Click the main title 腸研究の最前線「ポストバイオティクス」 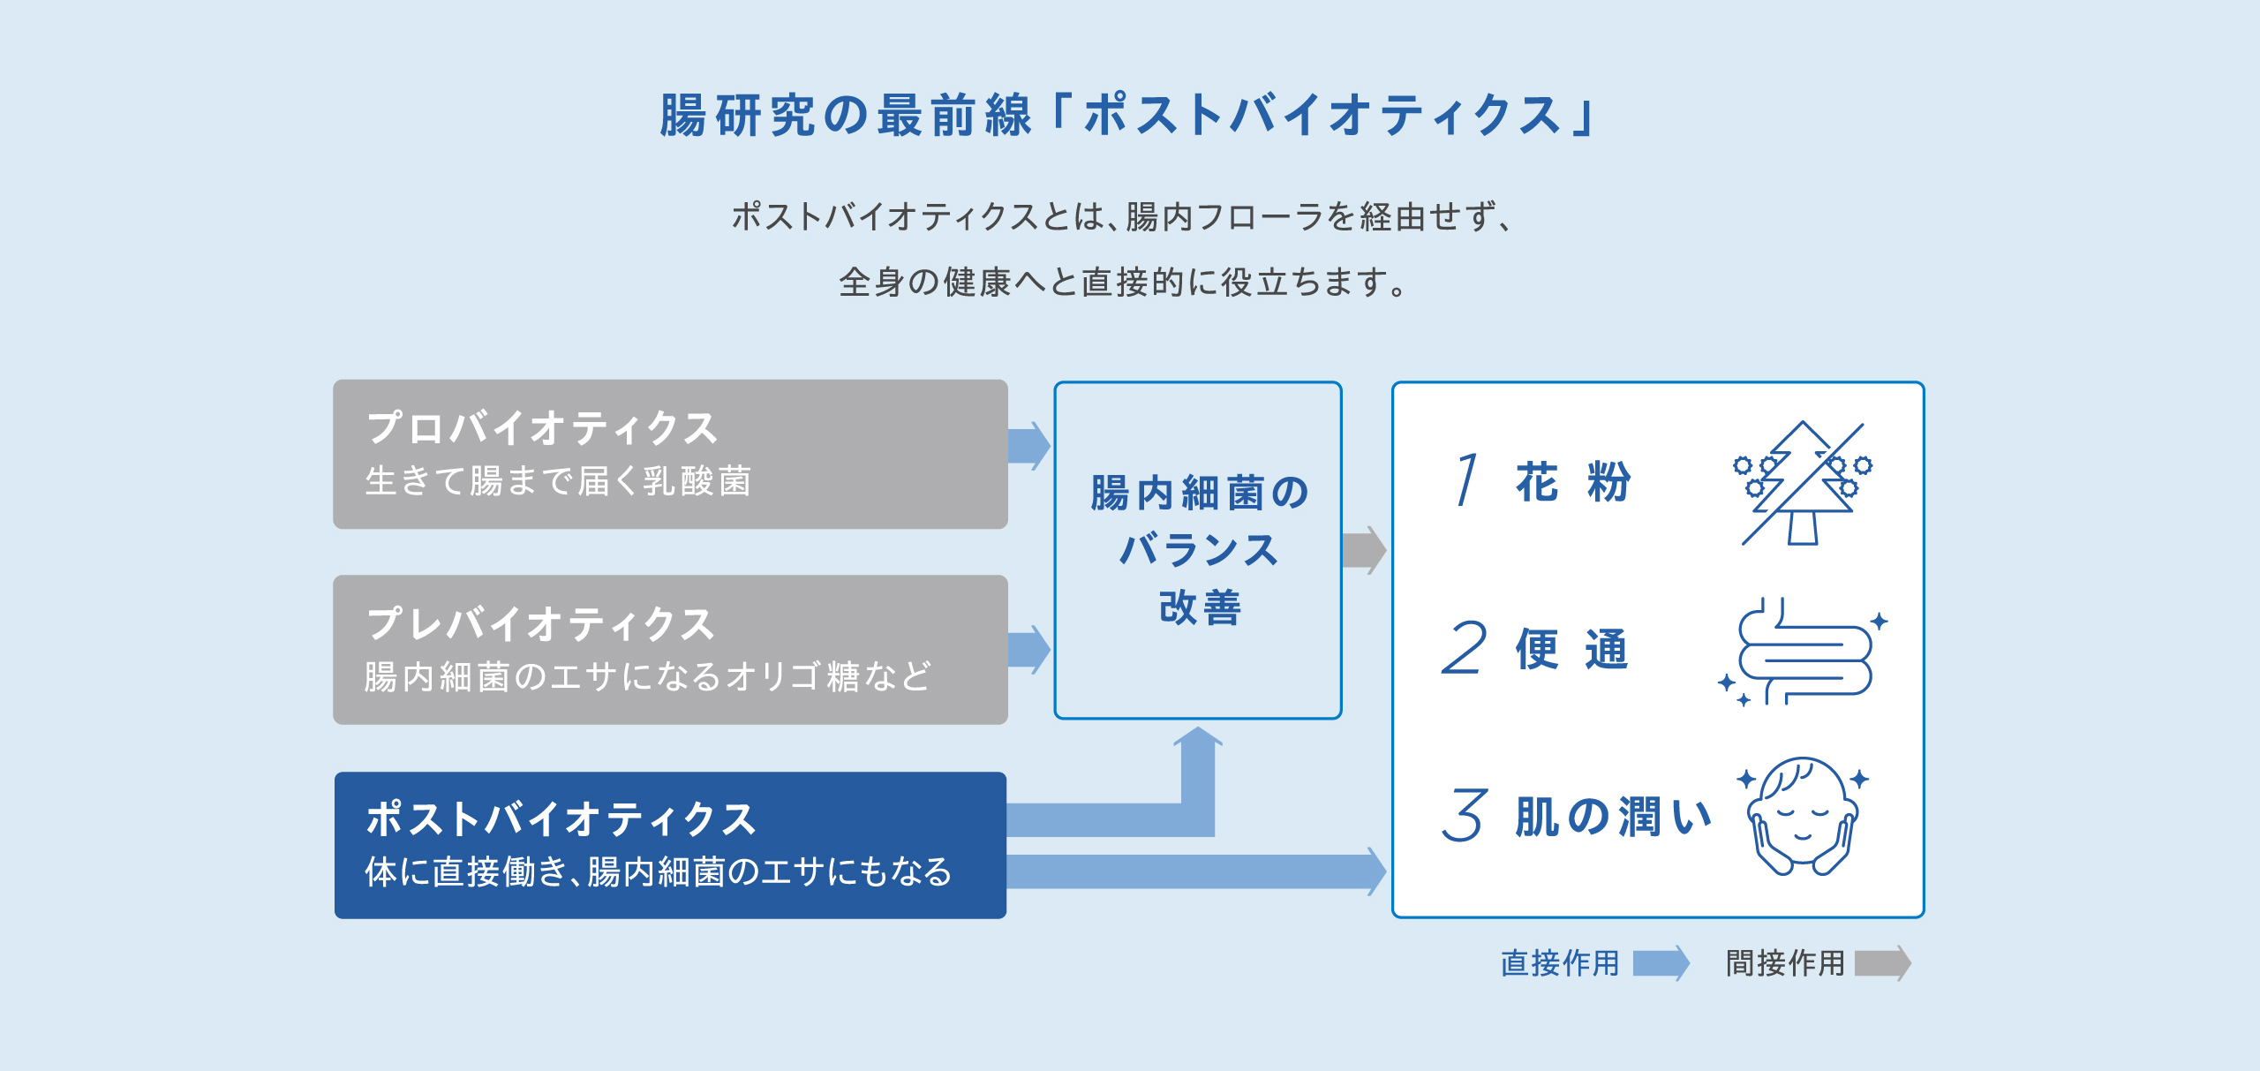[1128, 116]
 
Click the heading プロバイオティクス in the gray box [542, 428]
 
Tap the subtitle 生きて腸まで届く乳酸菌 [558, 481]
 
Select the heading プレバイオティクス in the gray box [540, 623]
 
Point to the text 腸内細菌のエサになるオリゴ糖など [648, 677]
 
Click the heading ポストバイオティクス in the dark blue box [561, 818]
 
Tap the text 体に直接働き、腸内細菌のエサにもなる [659, 871]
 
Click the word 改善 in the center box [1200, 607]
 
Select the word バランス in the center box [1199, 549]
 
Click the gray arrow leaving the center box [1364, 550]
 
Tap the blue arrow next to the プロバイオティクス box [1029, 446]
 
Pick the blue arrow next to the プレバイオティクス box [1029, 649]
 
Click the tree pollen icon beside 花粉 [1803, 483]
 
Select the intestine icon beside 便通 [1803, 652]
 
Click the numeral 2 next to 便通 [1465, 648]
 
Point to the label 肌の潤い [1614, 816]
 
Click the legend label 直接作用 [1560, 962]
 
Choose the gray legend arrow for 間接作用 [1883, 963]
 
